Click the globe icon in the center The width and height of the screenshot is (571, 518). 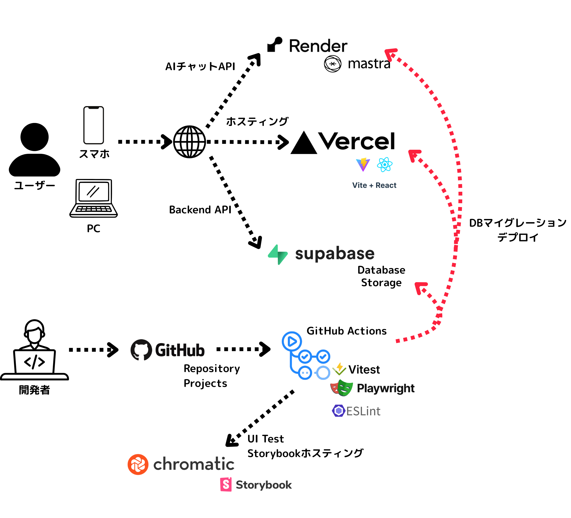click(189, 142)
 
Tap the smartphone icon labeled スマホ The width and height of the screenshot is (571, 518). click(93, 125)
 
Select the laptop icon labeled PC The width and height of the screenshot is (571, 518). click(93, 198)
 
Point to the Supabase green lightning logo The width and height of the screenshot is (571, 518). click(278, 255)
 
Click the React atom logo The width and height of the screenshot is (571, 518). click(385, 165)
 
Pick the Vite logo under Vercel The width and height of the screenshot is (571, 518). click(363, 165)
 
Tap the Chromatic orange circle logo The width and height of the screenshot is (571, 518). click(138, 464)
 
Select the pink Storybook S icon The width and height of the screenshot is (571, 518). click(226, 485)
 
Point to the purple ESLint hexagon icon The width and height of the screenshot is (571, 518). click(338, 411)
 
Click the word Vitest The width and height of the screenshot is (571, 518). click(364, 370)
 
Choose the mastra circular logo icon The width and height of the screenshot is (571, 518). click(333, 64)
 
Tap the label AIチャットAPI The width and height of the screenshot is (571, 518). click(200, 67)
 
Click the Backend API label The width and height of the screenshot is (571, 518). click(200, 210)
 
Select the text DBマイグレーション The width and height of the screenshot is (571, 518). click(518, 223)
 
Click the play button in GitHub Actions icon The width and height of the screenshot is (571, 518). click(292, 342)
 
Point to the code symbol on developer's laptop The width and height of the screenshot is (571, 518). click(34, 362)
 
